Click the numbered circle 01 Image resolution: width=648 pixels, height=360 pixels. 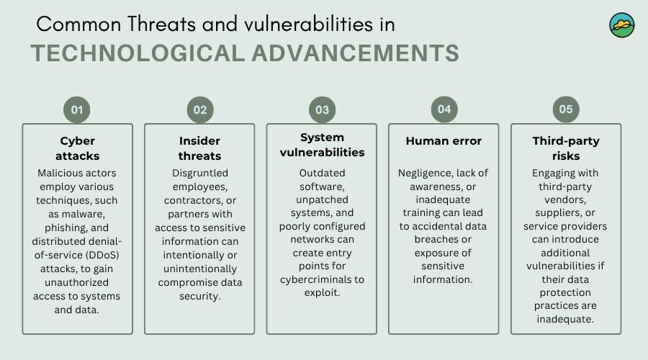pos(77,110)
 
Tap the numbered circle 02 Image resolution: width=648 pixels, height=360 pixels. pos(200,110)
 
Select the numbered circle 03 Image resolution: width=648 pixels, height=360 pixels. pos(323,110)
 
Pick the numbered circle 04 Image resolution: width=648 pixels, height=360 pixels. pos(444,109)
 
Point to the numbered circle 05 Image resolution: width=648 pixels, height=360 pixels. pos(566,109)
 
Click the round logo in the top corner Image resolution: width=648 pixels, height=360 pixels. pos(622,25)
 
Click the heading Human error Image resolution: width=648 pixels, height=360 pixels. pos(444,141)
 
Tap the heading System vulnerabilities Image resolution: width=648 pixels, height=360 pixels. pos(322,145)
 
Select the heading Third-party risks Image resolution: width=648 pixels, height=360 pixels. pos(566,148)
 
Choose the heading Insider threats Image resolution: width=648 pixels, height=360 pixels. pos(199,148)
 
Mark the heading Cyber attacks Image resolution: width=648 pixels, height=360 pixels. pos(77,148)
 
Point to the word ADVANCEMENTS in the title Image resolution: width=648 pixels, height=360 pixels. pos(356,53)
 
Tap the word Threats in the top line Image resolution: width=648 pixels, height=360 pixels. pos(161,24)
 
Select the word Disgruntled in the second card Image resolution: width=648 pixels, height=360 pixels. pos(200,174)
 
